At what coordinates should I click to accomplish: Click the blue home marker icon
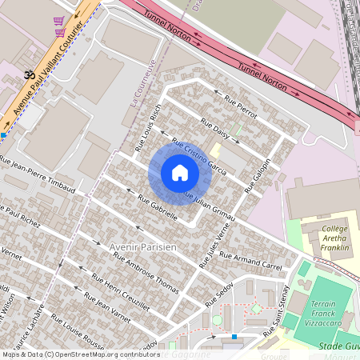pos(180,173)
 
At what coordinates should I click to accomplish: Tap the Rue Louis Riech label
pos(149,127)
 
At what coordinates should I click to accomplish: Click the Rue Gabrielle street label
pos(158,206)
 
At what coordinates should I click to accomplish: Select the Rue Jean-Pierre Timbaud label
pos(38,179)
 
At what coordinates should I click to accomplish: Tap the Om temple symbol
pos(30,74)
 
